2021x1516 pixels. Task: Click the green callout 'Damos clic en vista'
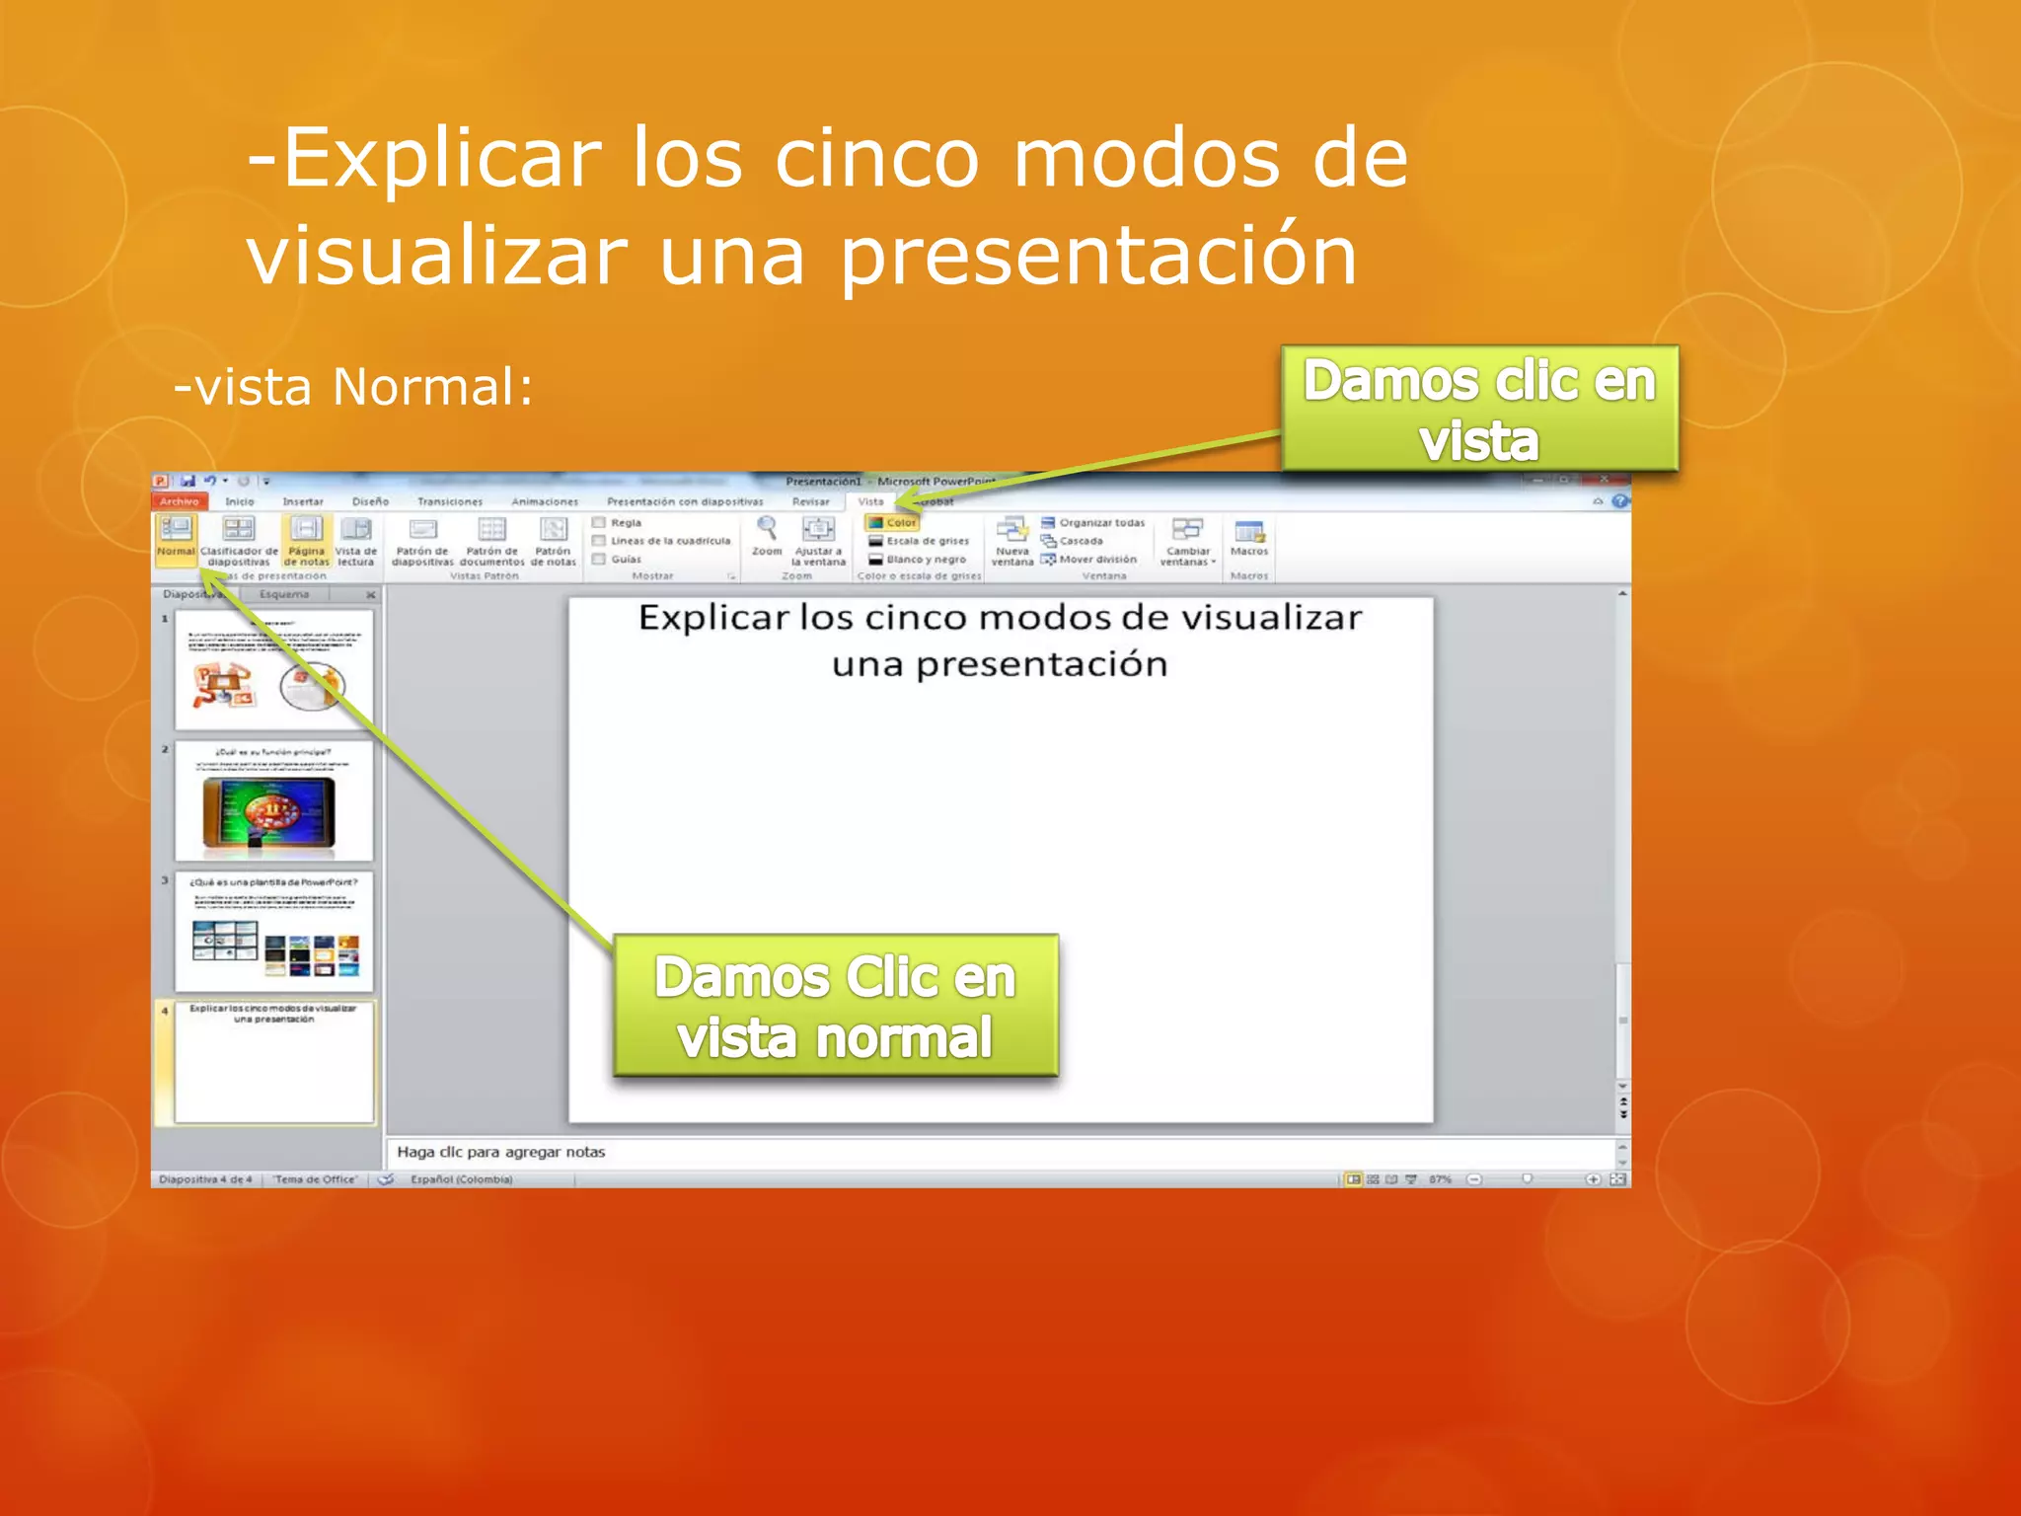(1478, 409)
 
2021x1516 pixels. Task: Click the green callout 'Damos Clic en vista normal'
(835, 1006)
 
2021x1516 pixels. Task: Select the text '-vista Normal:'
(353, 387)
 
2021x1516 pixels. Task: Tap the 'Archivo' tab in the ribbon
(180, 501)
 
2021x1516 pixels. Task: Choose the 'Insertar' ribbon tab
(303, 501)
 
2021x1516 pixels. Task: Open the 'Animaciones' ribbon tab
(545, 501)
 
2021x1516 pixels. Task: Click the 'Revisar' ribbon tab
(811, 501)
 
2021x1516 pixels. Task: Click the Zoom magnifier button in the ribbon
(767, 534)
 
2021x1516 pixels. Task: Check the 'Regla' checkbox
(599, 522)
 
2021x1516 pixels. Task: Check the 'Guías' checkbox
(599, 559)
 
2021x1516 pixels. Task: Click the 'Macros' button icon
(1249, 534)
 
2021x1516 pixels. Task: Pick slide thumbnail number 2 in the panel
(274, 800)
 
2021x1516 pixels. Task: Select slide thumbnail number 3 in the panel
(274, 931)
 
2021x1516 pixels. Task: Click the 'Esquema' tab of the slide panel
(284, 594)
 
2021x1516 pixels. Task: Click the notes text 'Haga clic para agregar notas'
(501, 1152)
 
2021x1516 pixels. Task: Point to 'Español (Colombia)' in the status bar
(462, 1179)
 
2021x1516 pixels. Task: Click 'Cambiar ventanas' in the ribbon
(1187, 540)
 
